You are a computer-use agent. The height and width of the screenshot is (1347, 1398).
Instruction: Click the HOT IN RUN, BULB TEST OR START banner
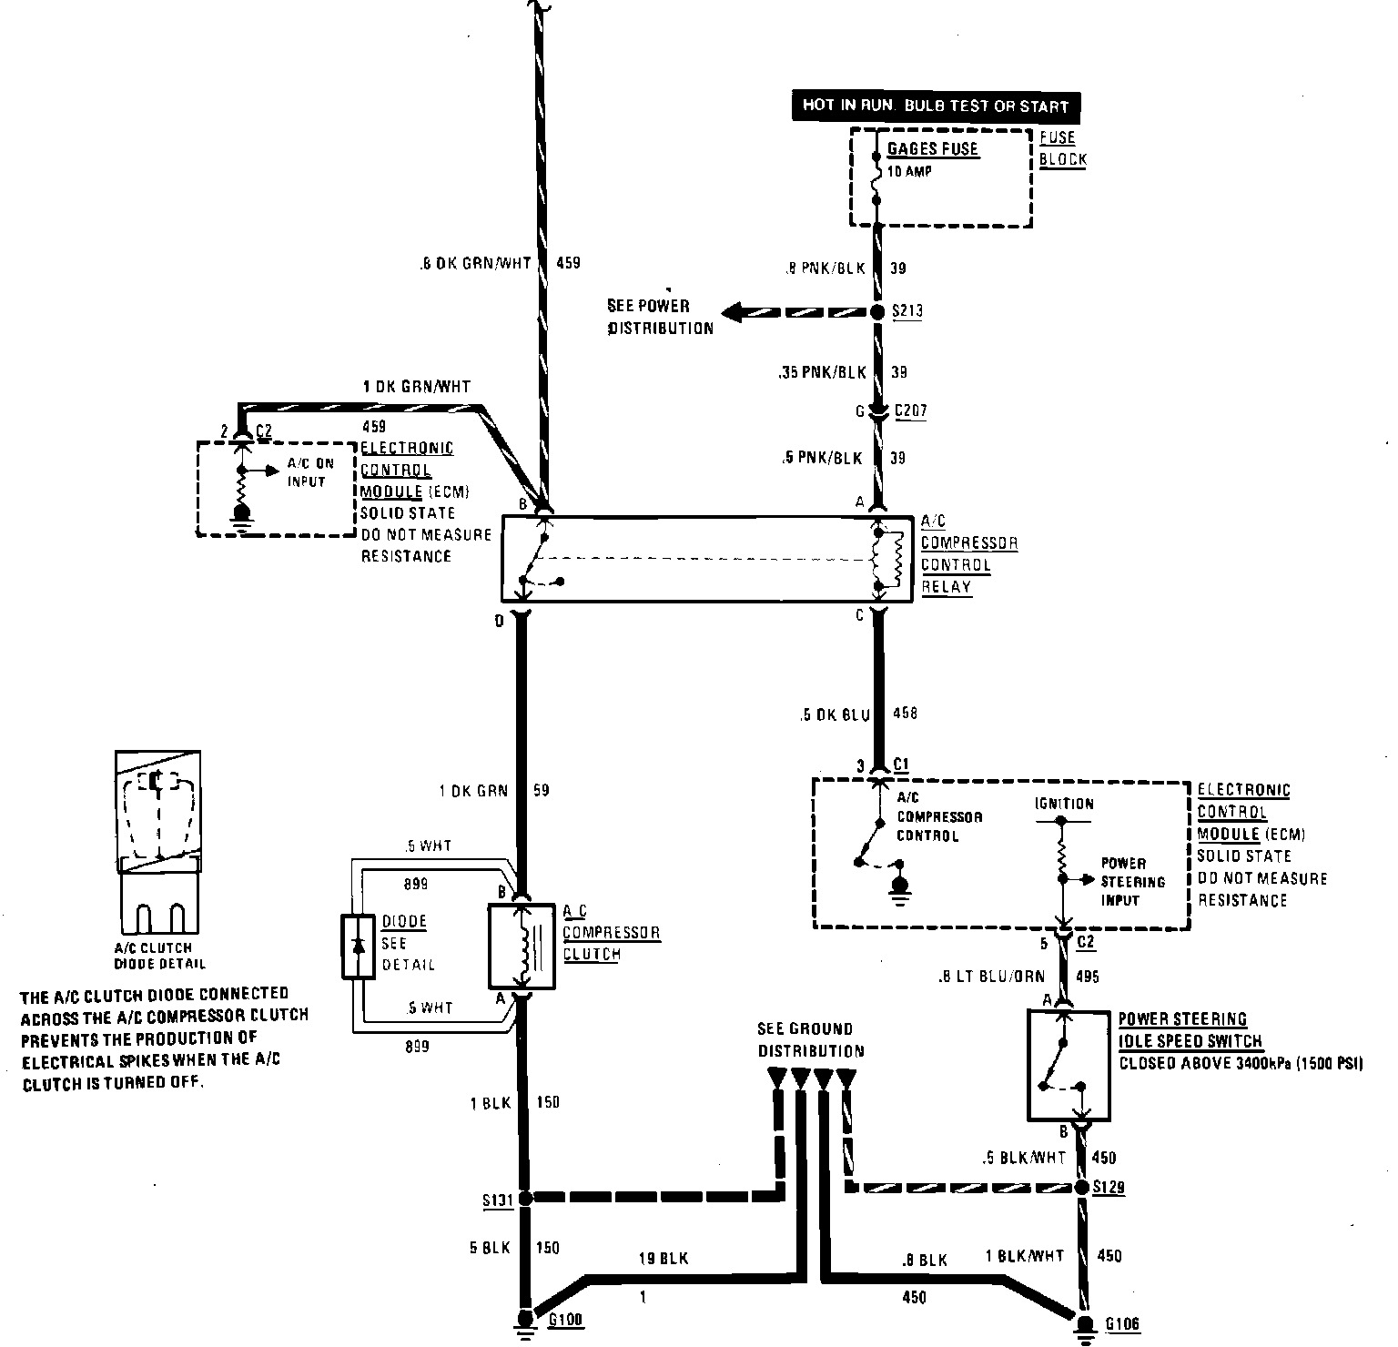pos(935,106)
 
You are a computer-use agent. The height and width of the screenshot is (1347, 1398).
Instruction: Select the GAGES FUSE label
pos(933,148)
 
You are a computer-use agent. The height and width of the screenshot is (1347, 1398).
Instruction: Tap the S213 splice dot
pos(877,312)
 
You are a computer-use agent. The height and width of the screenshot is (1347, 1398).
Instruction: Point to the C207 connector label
pos(910,411)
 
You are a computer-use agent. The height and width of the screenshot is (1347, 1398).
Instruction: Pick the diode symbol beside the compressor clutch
pos(358,947)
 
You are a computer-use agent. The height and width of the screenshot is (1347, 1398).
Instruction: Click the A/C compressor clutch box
pos(522,946)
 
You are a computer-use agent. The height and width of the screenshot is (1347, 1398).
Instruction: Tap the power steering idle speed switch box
pos(1069,1065)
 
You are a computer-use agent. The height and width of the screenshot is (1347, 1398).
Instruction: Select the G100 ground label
pos(565,1321)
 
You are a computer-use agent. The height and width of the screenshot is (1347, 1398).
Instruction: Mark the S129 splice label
pos(1109,1188)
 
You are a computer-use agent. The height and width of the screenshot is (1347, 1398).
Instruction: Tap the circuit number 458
pos(905,714)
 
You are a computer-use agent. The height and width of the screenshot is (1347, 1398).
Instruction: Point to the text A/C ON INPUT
pos(310,472)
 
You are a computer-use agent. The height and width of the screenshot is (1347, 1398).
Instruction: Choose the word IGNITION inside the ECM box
pos(1064,804)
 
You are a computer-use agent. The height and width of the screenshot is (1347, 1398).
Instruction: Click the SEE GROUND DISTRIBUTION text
pos(810,1040)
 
